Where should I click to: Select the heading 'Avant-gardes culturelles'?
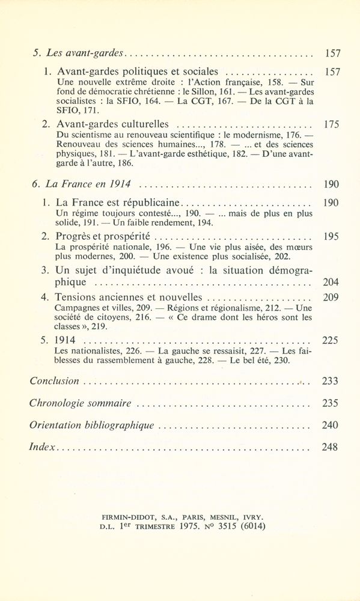(112, 124)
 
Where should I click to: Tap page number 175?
(331, 124)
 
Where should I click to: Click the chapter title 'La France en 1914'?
(89, 183)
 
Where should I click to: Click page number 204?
(331, 282)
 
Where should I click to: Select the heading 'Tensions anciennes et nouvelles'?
(129, 297)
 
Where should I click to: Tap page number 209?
(331, 297)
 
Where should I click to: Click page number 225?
(331, 341)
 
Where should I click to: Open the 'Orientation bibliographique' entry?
(91, 425)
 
